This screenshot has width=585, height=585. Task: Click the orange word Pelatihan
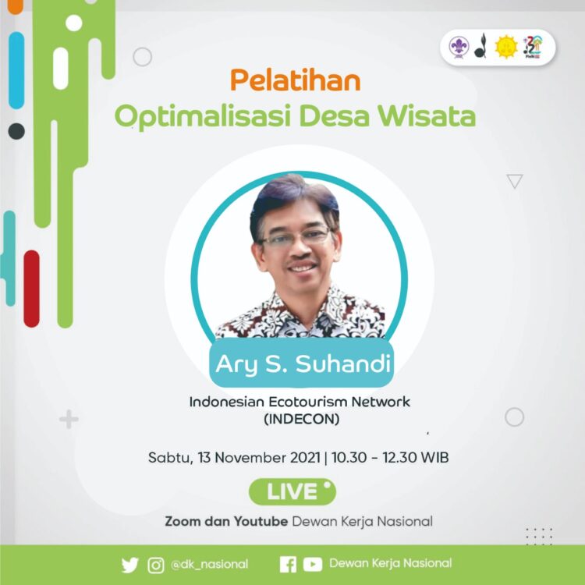pyautogui.click(x=295, y=80)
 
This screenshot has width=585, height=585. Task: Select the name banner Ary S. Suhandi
pyautogui.click(x=302, y=363)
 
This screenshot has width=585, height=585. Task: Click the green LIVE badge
pyautogui.click(x=292, y=492)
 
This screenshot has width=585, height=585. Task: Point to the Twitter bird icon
pyautogui.click(x=129, y=565)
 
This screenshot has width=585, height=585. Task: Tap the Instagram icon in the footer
pyautogui.click(x=155, y=565)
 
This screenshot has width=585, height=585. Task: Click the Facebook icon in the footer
pyautogui.click(x=288, y=565)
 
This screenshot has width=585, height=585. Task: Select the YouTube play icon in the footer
pyautogui.click(x=313, y=565)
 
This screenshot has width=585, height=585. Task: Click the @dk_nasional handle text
pyautogui.click(x=209, y=564)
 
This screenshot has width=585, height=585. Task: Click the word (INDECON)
pyautogui.click(x=299, y=419)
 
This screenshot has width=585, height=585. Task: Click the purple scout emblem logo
pyautogui.click(x=458, y=48)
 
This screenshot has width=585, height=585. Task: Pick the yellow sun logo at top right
pyautogui.click(x=506, y=48)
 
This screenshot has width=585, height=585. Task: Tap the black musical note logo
pyautogui.click(x=481, y=47)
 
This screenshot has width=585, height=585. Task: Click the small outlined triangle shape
pyautogui.click(x=514, y=181)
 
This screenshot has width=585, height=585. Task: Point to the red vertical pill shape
pyautogui.click(x=31, y=288)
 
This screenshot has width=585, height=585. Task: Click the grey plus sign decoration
pyautogui.click(x=69, y=420)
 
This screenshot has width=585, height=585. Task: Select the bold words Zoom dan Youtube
pyautogui.click(x=226, y=521)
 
